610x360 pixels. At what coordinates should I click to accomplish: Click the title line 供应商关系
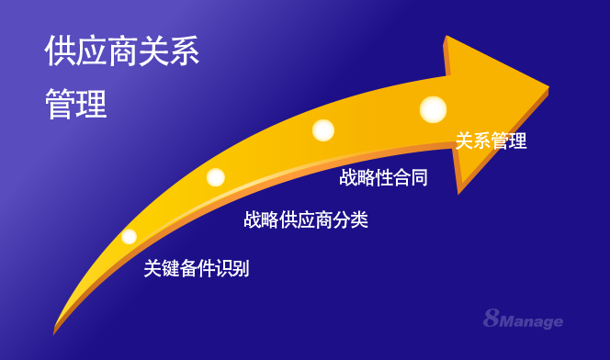[x=122, y=52]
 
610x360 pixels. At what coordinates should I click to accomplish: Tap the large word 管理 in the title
[x=76, y=104]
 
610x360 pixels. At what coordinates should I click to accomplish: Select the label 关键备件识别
[x=197, y=269]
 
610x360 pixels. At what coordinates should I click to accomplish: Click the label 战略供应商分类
[x=306, y=220]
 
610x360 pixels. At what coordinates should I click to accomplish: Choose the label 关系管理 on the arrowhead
[x=491, y=141]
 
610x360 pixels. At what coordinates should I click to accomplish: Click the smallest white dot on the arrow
[x=130, y=237]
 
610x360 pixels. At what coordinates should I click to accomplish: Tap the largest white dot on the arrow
[x=433, y=109]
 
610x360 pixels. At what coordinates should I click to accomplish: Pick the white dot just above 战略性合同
[x=322, y=130]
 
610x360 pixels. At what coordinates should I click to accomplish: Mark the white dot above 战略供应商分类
[x=216, y=177]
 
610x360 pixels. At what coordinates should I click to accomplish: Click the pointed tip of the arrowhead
[x=548, y=88]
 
